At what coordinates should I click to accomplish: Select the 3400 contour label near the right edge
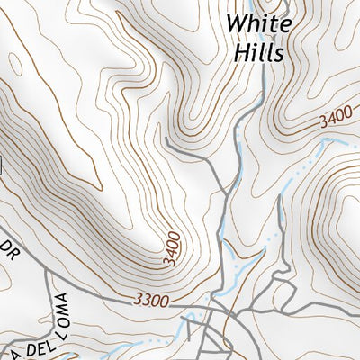[332, 118]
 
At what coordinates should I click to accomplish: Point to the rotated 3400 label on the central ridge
[173, 246]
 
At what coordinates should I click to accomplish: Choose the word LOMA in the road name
[63, 310]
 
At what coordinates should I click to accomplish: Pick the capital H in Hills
[240, 52]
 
